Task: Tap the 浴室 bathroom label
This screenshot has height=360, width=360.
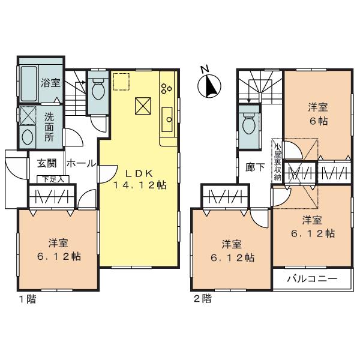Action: point(50,83)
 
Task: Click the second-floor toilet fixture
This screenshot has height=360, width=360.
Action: point(247,124)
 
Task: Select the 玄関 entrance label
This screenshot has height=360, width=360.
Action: point(47,163)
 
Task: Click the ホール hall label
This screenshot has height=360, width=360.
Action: point(78,163)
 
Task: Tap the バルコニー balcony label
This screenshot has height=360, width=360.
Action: point(311,279)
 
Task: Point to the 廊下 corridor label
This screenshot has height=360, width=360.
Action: point(255,167)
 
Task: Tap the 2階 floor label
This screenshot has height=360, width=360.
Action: point(202,298)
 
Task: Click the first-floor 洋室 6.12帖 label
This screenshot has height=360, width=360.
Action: point(58,250)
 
